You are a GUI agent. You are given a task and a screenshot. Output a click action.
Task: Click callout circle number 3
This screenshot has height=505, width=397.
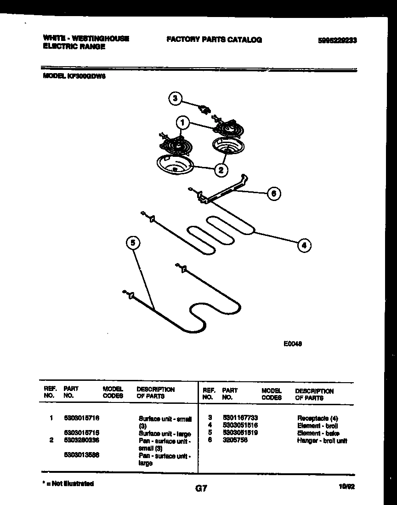[x=174, y=98]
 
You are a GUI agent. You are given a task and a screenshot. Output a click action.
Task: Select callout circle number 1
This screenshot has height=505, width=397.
[x=182, y=123]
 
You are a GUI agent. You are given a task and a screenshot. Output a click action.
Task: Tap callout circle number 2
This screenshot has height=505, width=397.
[x=221, y=170]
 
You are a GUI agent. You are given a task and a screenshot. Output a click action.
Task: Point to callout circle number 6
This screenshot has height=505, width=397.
[x=274, y=194]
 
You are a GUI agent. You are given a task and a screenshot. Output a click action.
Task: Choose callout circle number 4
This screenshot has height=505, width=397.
[x=304, y=246]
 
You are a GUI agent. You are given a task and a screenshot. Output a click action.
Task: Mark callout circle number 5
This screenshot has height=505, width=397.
[x=132, y=242]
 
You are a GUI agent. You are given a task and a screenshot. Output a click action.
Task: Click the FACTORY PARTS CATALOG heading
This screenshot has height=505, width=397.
[x=214, y=40]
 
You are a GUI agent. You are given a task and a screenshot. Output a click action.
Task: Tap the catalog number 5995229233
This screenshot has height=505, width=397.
[x=337, y=40]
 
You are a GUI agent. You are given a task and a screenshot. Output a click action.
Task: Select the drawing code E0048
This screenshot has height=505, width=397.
[x=292, y=343]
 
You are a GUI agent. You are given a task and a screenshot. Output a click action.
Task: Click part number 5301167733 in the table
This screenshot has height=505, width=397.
[x=240, y=418]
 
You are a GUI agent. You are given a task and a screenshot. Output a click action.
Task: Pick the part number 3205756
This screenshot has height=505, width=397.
[x=235, y=440]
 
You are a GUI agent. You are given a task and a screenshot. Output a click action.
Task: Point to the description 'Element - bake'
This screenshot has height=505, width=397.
[x=318, y=433]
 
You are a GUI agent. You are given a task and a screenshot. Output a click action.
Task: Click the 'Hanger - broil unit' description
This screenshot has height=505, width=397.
[x=322, y=441]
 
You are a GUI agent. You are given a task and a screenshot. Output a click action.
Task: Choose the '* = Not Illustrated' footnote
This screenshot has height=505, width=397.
[x=68, y=484]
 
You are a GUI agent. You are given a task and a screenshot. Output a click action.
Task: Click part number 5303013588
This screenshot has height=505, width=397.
[x=81, y=455]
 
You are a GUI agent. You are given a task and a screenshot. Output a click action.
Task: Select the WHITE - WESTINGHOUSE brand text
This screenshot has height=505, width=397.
[x=85, y=39]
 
